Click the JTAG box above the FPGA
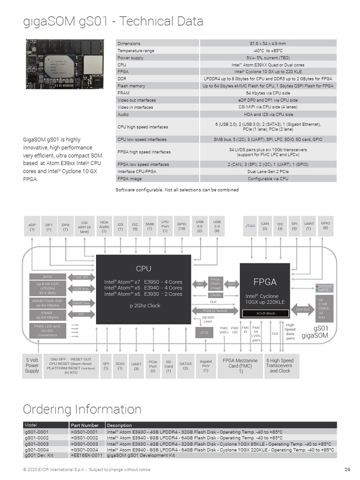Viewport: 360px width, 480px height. pyautogui.click(x=250, y=226)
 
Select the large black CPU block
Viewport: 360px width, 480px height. pyautogui.click(x=143, y=289)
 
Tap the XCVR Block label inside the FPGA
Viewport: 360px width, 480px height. pyautogui.click(x=265, y=313)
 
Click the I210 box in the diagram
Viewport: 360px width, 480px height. pyautogui.click(x=204, y=332)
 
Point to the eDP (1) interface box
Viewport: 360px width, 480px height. pyautogui.click(x=32, y=226)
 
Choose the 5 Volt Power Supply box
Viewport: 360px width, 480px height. pyautogui.click(x=32, y=366)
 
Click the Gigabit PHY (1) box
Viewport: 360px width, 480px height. pyautogui.click(x=206, y=366)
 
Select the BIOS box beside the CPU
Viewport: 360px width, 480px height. pyautogui.click(x=48, y=277)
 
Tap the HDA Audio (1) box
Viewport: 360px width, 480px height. pyautogui.click(x=104, y=226)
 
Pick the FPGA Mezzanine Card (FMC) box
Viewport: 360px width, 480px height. pyautogui.click(x=240, y=366)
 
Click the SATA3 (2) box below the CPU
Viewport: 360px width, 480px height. pyautogui.click(x=186, y=366)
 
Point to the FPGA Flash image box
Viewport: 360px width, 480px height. pyautogui.click(x=215, y=284)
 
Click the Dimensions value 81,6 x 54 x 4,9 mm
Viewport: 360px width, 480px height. pyautogui.click(x=268, y=44)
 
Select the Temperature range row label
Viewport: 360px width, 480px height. pyautogui.click(x=136, y=51)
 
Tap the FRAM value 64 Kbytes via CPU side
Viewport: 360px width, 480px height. pyautogui.click(x=268, y=93)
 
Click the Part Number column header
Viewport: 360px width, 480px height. pyautogui.click(x=85, y=425)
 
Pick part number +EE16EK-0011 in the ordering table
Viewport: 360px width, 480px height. pyautogui.click(x=86, y=455)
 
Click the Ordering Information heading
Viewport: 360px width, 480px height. pyautogui.click(x=82, y=409)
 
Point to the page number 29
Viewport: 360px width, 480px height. pyautogui.click(x=347, y=470)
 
